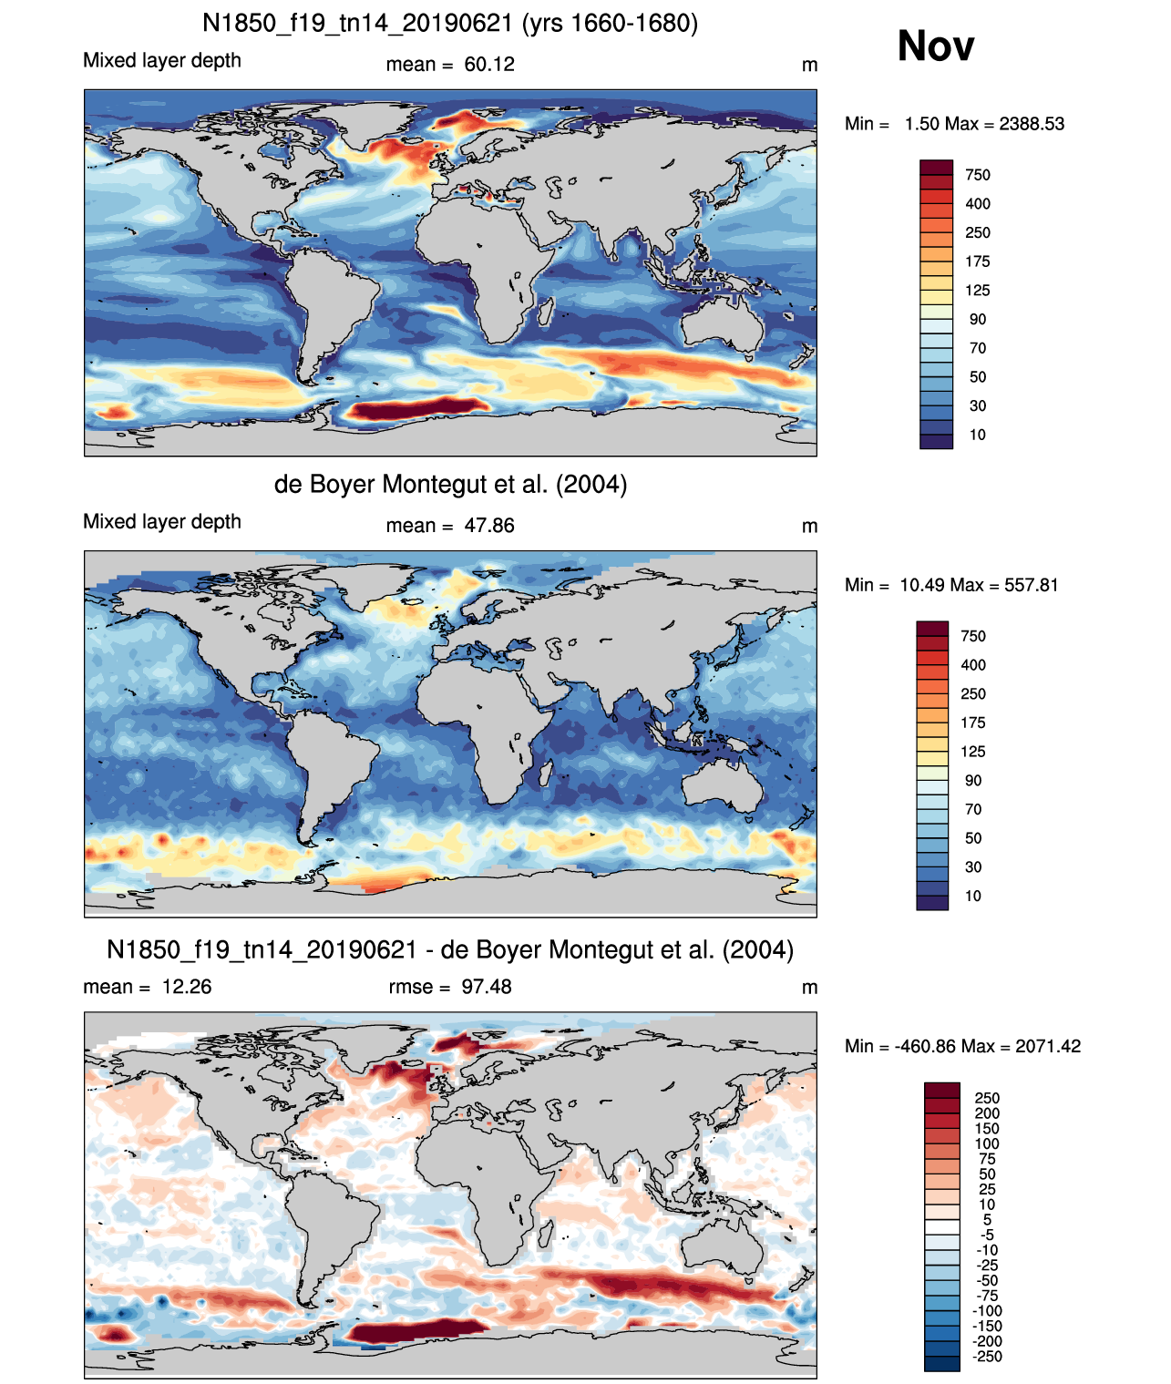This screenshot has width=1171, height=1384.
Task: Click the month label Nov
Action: pos(935,46)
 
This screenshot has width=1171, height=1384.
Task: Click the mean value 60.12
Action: pos(488,65)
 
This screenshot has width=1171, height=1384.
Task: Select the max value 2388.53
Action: pos(1031,124)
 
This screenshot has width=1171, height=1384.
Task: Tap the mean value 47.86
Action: pos(488,526)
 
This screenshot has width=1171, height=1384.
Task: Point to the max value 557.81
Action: pos(1031,585)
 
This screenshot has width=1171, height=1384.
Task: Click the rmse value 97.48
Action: pos(486,987)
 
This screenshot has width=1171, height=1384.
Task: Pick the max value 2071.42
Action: pos(1048,1047)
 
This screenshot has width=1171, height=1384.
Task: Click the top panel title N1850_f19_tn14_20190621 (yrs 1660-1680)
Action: pos(450,24)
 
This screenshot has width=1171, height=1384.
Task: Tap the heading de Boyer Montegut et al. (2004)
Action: pos(450,484)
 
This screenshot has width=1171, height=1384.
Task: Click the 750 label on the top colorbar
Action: pos(978,175)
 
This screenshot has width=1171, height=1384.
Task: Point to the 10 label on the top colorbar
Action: pos(978,435)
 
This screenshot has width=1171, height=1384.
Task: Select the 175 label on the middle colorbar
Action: pos(973,723)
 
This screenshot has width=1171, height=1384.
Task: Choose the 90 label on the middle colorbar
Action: pos(973,780)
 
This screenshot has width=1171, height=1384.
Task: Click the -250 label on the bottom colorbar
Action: pos(987,1357)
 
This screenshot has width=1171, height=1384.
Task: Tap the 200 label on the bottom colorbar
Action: pos(987,1113)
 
